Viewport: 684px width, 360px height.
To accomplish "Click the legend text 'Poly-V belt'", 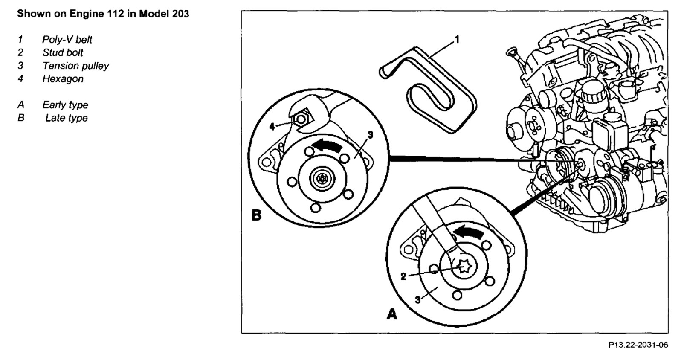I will [67, 40].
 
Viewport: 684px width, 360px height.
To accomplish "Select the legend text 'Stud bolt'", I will [63, 53].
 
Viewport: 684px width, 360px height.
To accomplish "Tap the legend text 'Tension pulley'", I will [75, 66].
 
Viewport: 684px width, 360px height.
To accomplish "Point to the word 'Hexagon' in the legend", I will [63, 79].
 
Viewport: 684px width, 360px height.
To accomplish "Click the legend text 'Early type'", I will [65, 105].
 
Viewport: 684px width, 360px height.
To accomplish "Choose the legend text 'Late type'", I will [66, 118].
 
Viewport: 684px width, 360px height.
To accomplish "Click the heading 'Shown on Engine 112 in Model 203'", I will [103, 14].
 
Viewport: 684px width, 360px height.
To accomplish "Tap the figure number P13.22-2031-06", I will [638, 345].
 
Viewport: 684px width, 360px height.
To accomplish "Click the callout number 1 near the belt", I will [457, 40].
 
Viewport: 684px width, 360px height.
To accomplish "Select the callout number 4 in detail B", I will [272, 126].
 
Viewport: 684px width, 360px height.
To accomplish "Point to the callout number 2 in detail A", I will [403, 277].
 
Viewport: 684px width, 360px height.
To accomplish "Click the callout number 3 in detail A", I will [417, 300].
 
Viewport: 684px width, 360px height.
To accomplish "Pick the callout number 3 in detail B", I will [370, 135].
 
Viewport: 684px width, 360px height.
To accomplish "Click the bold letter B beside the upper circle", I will [256, 215].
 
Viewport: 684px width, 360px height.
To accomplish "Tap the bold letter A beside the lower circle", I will [391, 314].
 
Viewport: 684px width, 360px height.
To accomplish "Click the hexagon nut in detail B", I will [301, 120].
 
